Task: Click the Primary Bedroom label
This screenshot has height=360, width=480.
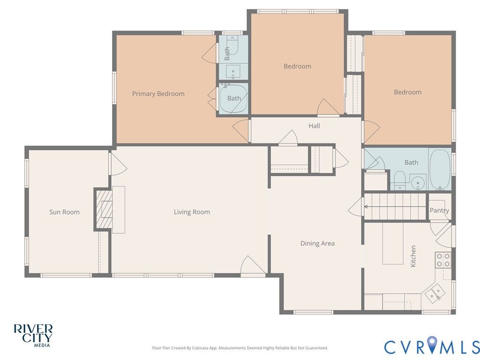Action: pyautogui.click(x=158, y=94)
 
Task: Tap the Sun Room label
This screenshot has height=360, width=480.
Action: pyautogui.click(x=64, y=212)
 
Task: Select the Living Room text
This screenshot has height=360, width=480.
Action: pyautogui.click(x=192, y=212)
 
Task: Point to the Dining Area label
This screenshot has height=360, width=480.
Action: pyautogui.click(x=317, y=243)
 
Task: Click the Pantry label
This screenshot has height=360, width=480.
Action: pyautogui.click(x=439, y=210)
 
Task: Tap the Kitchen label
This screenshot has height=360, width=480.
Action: pyautogui.click(x=413, y=256)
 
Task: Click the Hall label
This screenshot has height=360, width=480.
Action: pyautogui.click(x=315, y=126)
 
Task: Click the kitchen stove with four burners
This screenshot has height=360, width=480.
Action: pyautogui.click(x=443, y=260)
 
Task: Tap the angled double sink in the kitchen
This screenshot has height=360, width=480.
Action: pyautogui.click(x=435, y=293)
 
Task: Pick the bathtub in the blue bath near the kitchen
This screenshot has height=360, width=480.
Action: pyautogui.click(x=440, y=169)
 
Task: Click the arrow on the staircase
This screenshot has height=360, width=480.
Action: pyautogui.click(x=395, y=207)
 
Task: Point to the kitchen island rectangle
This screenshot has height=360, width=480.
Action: pyautogui.click(x=393, y=243)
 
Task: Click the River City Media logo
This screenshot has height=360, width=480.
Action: pyautogui.click(x=33, y=336)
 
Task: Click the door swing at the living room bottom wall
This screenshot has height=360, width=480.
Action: pyautogui.click(x=252, y=265)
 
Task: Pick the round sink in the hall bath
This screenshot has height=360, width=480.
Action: pyautogui.click(x=417, y=183)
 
